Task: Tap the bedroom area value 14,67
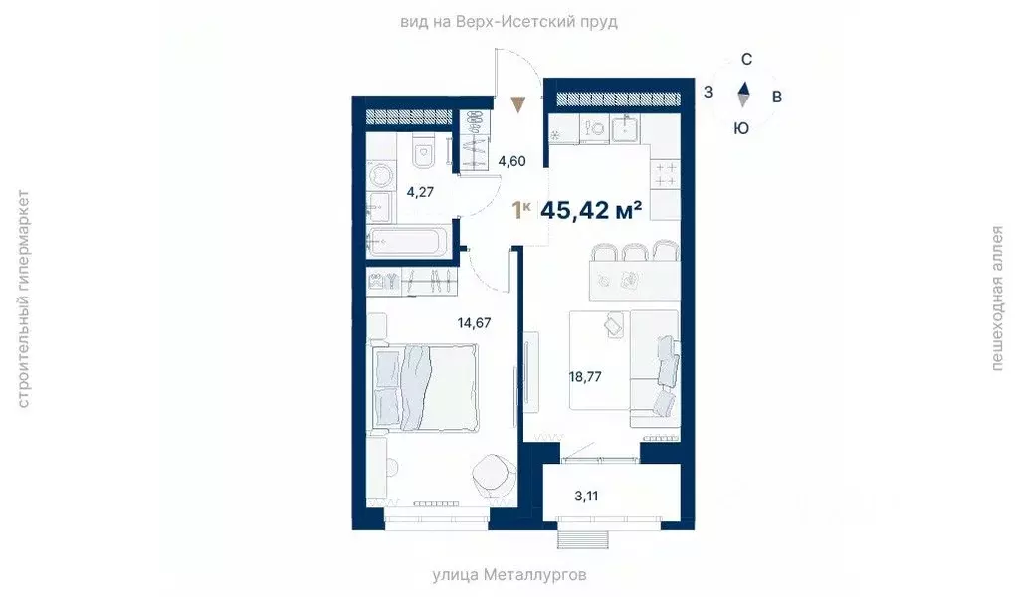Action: click(x=473, y=321)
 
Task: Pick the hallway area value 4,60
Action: click(x=511, y=161)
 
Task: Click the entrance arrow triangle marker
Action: click(x=517, y=103)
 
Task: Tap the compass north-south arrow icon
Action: click(x=743, y=95)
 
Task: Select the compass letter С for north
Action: click(x=746, y=60)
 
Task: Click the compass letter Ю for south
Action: click(x=741, y=128)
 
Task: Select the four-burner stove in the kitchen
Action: click(x=664, y=175)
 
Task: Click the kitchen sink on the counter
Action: click(x=627, y=128)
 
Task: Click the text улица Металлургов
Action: click(x=509, y=575)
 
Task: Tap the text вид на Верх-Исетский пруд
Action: click(x=509, y=21)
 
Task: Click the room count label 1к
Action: click(x=520, y=210)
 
